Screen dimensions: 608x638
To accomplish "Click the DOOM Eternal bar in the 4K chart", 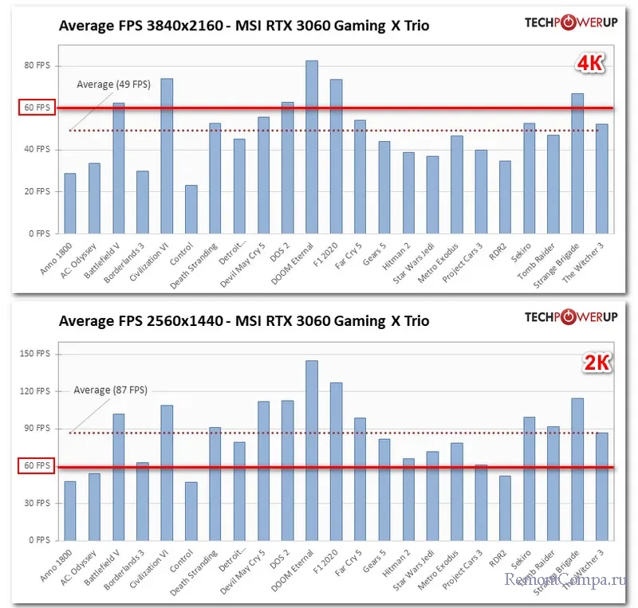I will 312,147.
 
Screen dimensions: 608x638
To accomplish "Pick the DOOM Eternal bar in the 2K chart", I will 312,450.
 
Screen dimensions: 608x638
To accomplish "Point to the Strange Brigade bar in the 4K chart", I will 577,163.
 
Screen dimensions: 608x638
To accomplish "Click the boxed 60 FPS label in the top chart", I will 37,108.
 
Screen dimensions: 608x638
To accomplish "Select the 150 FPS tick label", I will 37,354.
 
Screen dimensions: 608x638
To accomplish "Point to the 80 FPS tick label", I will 37,65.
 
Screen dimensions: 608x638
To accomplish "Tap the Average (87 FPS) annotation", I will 111,390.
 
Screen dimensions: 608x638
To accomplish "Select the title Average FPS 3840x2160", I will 243,25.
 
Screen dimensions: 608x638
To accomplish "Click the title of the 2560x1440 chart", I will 243,321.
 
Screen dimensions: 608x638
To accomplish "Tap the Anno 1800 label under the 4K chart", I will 62,256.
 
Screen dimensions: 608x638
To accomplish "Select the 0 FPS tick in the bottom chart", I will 39,540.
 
